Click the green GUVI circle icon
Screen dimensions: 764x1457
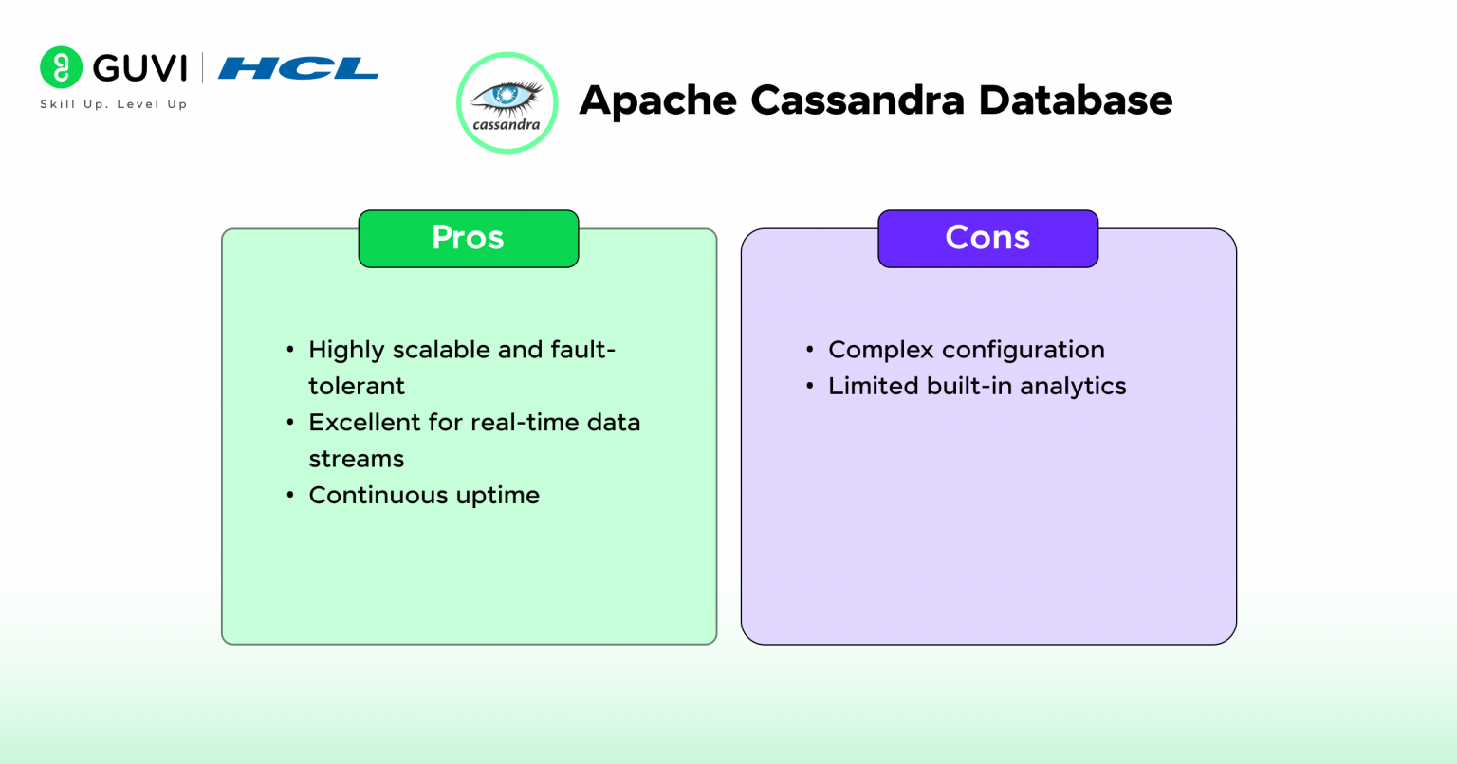pos(62,67)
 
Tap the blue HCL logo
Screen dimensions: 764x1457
pos(298,68)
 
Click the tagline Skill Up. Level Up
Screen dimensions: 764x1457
pos(113,104)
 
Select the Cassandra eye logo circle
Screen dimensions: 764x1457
pos(507,102)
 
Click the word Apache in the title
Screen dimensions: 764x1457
pos(657,100)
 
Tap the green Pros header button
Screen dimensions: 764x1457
pos(468,238)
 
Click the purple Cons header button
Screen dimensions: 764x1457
pos(987,238)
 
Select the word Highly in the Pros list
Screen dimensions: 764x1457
pos(346,351)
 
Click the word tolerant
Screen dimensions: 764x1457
pos(357,386)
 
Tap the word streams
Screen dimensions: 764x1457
pos(357,459)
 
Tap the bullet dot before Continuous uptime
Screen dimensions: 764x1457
pos(290,496)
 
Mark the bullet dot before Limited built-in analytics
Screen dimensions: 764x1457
pos(810,387)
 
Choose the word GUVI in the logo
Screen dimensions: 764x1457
pos(140,68)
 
